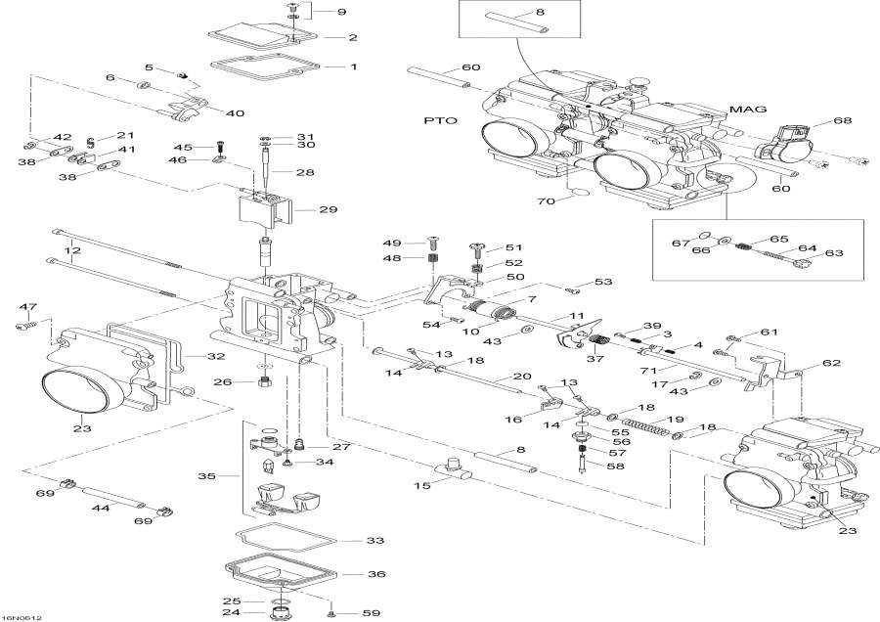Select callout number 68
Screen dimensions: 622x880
(842, 120)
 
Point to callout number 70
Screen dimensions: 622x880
(546, 201)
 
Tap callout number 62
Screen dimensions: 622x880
(830, 363)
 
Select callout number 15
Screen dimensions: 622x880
(421, 485)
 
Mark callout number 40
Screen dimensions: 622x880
(235, 113)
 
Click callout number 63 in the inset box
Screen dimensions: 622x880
(834, 253)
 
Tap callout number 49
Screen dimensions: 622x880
(392, 243)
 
